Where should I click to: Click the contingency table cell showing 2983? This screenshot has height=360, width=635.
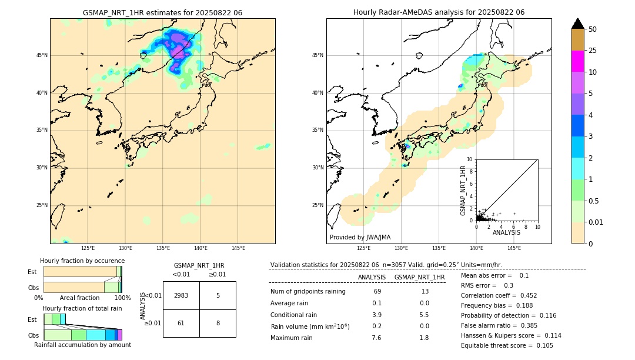click(181, 295)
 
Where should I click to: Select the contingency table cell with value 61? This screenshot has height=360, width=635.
click(181, 323)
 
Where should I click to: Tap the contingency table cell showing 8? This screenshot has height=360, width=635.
click(218, 323)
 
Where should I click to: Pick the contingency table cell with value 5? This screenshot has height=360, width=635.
click(218, 295)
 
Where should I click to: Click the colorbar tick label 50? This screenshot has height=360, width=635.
click(593, 29)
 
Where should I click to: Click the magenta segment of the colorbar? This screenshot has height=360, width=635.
click(578, 61)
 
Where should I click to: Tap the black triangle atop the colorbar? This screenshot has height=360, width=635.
click(578, 24)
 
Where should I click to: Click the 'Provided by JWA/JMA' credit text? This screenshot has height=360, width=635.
click(360, 237)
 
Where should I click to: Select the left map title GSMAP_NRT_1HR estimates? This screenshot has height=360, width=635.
click(162, 12)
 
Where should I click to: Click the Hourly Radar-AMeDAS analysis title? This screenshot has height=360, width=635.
click(439, 12)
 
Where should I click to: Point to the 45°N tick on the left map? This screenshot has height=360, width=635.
click(42, 55)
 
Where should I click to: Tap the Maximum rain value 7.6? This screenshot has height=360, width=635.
click(377, 338)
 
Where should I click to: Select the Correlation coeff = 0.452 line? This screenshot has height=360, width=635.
click(499, 295)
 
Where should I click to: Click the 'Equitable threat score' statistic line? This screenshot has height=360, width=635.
click(499, 345)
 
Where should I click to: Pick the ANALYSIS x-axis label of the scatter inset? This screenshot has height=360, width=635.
click(506, 232)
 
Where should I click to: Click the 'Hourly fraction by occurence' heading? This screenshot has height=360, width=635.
click(82, 261)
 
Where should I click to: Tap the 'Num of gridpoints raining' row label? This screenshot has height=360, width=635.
click(308, 291)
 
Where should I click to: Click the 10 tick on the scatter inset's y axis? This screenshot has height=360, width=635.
click(470, 159)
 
